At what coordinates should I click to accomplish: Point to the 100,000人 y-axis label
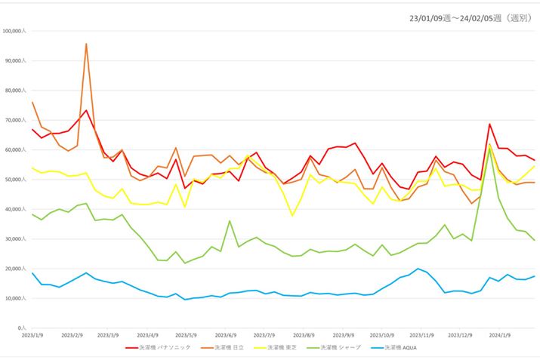pos(14,31)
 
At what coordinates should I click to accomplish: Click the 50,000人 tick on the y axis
pos(15,180)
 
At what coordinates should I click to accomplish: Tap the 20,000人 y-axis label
pos(15,269)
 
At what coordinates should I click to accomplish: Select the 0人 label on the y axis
pos(22,328)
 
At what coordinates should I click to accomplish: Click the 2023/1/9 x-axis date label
pos(32,334)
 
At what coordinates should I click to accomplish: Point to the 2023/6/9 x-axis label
pos(226,334)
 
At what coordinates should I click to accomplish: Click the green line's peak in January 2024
pos(490,148)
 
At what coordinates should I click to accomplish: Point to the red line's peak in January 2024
pos(489,125)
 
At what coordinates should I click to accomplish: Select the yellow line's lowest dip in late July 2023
pos(293,216)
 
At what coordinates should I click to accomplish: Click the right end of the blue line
pos(535,276)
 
